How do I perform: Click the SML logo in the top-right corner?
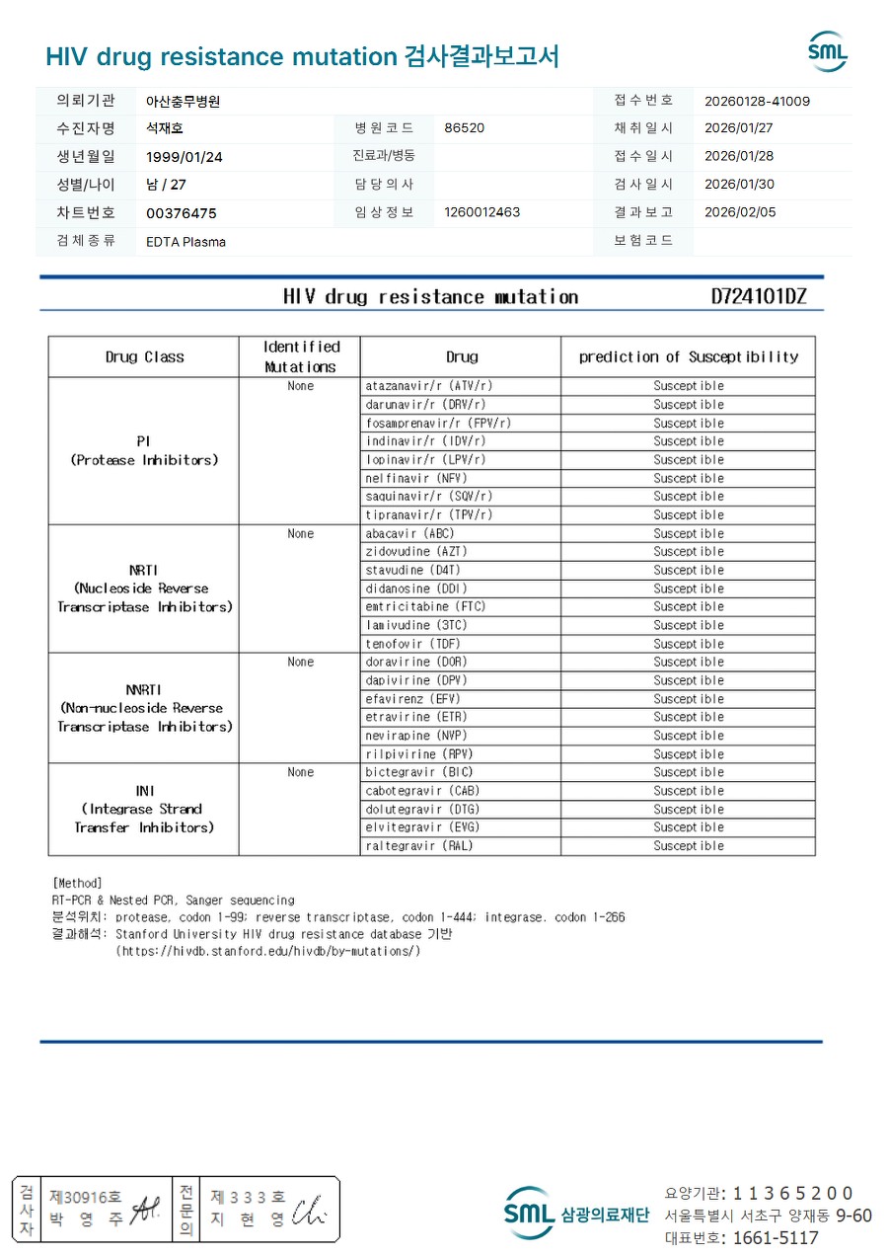827,52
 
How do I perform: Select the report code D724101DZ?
758,296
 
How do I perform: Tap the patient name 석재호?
165,128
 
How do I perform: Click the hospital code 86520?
464,128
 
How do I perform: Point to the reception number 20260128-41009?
757,101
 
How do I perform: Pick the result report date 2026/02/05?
739,212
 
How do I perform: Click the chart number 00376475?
181,213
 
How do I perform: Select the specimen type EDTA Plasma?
185,242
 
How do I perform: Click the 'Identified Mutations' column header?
300,356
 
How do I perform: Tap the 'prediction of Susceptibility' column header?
688,356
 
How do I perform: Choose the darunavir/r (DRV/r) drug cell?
425,405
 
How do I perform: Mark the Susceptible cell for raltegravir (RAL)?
688,846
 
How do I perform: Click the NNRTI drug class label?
144,690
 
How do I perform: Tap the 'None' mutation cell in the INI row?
300,772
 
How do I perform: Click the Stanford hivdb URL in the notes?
268,951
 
